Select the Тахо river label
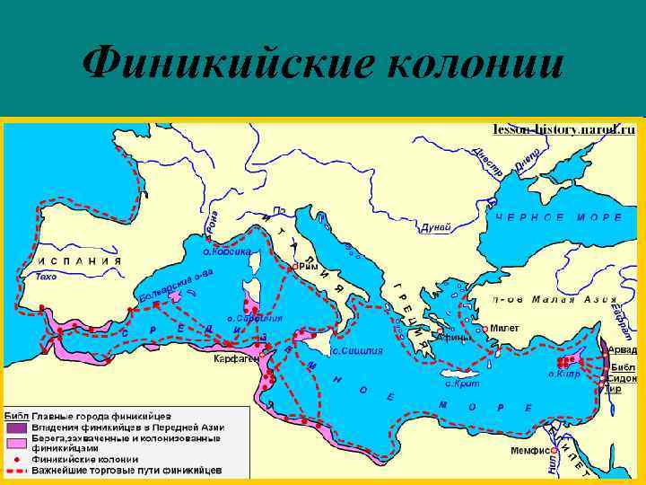point(46,277)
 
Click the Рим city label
point(308,267)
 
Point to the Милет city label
point(504,329)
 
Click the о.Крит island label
point(463,384)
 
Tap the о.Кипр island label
point(564,373)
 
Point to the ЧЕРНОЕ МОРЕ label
point(555,217)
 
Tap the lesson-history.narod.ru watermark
point(563,129)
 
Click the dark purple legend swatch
point(16,427)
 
